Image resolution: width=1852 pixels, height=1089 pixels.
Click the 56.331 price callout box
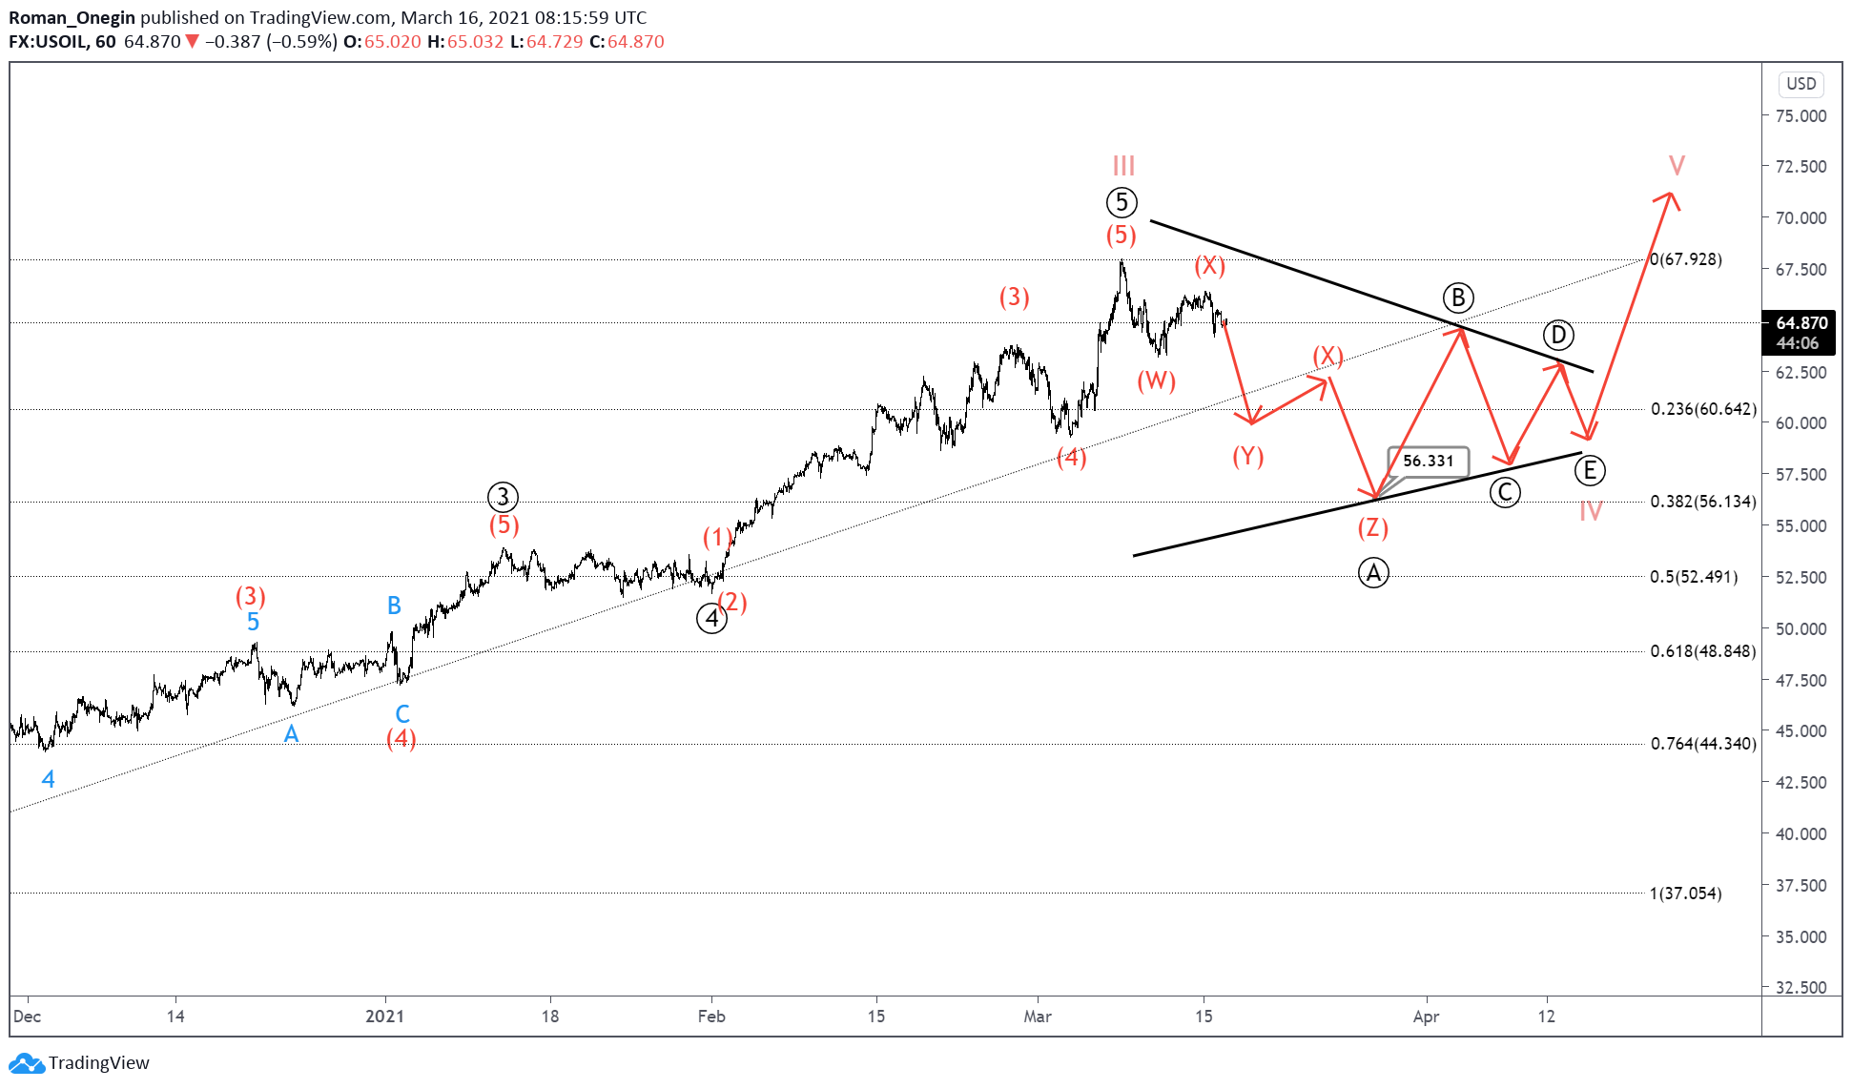click(1428, 462)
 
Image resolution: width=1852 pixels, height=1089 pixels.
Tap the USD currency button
click(1801, 84)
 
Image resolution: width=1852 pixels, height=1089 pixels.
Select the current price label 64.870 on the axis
click(1801, 323)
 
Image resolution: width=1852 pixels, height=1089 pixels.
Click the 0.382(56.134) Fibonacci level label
click(1703, 502)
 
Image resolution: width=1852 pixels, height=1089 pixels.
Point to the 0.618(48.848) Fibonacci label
click(1703, 651)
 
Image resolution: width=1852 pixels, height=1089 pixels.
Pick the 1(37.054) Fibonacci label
click(1685, 894)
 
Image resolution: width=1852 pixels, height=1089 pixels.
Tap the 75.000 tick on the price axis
click(1801, 115)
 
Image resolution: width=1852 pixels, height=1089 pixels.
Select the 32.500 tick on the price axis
click(1801, 987)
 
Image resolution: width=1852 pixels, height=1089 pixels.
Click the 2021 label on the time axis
click(384, 1016)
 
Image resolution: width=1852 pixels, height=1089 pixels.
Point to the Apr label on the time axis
click(1426, 1016)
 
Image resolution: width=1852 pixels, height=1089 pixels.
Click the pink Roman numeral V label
click(1677, 166)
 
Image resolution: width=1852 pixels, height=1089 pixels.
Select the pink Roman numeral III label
click(1123, 166)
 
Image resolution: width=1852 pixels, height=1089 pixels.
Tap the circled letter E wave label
click(1590, 470)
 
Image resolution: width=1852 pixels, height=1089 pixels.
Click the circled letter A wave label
click(1373, 572)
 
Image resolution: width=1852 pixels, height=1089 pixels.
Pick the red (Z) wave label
click(1372, 527)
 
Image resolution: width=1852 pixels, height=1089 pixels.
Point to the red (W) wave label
click(1156, 380)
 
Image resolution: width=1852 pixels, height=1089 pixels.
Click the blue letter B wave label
click(394, 606)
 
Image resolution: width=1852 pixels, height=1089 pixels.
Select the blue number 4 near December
click(49, 779)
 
